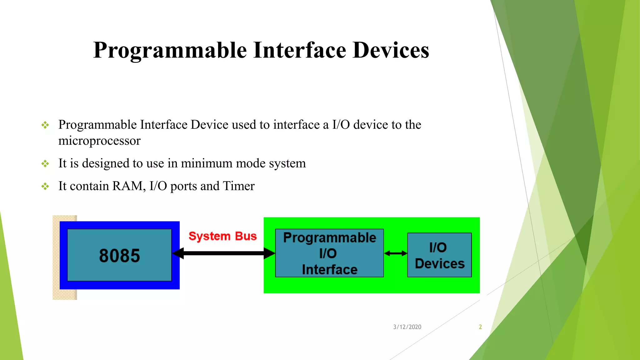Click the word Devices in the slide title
point(391,50)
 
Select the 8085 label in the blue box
point(119,256)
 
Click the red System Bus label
point(222,236)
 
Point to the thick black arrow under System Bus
point(223,253)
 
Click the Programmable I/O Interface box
point(329,253)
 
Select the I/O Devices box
point(439,255)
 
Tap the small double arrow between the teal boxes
point(396,253)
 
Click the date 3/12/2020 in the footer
point(407,327)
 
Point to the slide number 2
point(480,327)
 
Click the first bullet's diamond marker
point(45,125)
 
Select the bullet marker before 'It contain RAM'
point(45,187)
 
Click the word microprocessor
point(99,141)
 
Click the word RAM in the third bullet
point(128,186)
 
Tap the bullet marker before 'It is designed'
point(45,164)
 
